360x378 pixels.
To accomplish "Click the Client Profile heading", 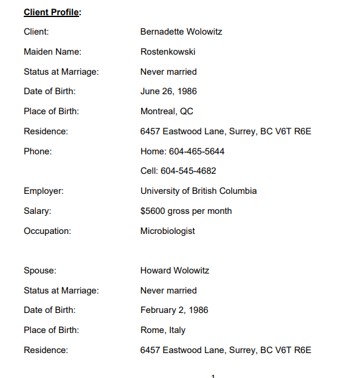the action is [52, 12].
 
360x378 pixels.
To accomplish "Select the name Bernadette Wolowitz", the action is [181, 32].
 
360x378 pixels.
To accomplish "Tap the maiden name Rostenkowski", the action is [168, 52].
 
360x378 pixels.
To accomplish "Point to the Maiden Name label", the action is [52, 52].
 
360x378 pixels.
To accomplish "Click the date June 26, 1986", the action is [168, 91].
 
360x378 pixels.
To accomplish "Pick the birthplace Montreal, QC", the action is [167, 111].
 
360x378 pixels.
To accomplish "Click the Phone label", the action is [38, 151].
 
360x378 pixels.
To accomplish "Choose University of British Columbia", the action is [198, 191].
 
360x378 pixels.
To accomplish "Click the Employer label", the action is [44, 191].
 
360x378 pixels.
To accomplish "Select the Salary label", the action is [38, 211].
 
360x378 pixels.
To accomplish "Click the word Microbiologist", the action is [168, 231].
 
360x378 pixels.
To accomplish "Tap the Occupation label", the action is [47, 231].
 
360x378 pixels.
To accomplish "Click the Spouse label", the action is [40, 270].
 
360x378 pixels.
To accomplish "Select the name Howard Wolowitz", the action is [175, 270].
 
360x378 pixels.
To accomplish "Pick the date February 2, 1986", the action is [174, 310].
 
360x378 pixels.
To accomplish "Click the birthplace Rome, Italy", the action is [163, 330].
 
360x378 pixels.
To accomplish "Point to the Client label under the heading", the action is [36, 32].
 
